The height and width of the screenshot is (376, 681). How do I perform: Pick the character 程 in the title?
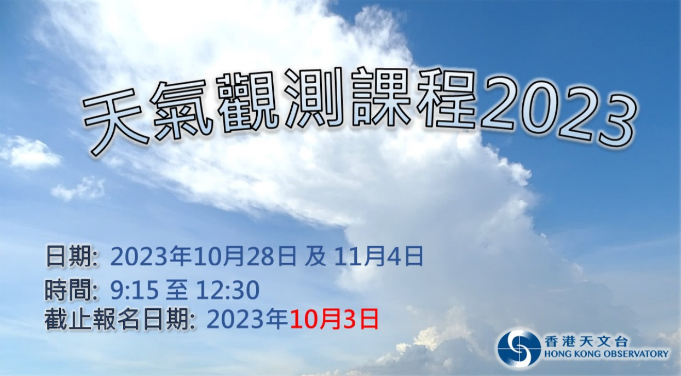coord(446,99)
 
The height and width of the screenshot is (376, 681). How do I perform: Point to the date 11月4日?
coord(379,256)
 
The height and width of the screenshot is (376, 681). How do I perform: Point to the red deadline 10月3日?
coord(333,320)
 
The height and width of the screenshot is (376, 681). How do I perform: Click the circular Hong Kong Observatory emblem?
coord(518,348)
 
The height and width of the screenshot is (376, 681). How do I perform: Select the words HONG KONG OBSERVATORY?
coord(607,355)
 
